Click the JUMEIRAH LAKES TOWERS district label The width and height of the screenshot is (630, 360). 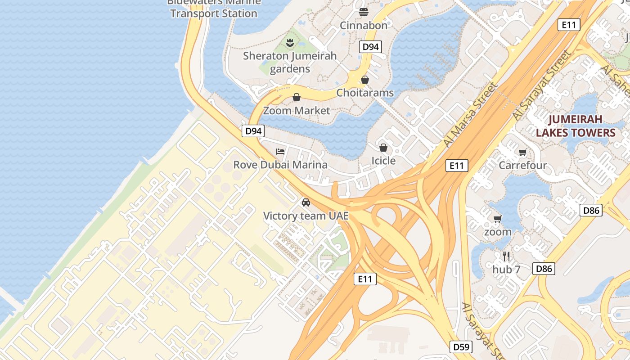(575, 126)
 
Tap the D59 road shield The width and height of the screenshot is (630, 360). (461, 347)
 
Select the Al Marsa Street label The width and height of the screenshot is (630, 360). (471, 114)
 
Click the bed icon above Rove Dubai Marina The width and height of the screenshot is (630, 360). (280, 152)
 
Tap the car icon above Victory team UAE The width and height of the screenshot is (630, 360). (306, 202)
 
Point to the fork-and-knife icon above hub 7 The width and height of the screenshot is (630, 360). (506, 256)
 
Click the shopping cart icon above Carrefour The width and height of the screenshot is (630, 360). (522, 152)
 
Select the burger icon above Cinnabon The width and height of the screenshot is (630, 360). (364, 12)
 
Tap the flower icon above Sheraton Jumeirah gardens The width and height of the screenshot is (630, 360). (290, 43)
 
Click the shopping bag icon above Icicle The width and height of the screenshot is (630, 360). (383, 148)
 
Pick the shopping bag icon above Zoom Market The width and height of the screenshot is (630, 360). (297, 97)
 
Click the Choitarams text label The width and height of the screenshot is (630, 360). (365, 93)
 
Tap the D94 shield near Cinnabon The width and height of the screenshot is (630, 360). (370, 46)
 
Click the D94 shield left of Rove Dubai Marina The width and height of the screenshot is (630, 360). (253, 131)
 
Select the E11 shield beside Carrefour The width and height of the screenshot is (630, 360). (457, 166)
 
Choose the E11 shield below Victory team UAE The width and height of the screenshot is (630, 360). (364, 279)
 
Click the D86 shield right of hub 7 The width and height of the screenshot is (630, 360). (544, 269)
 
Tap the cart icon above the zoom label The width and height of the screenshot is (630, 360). (497, 219)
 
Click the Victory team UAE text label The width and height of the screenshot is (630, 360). (306, 216)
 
